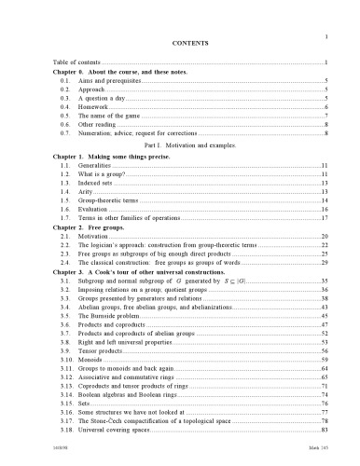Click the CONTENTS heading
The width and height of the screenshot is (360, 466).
pos(180,44)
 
